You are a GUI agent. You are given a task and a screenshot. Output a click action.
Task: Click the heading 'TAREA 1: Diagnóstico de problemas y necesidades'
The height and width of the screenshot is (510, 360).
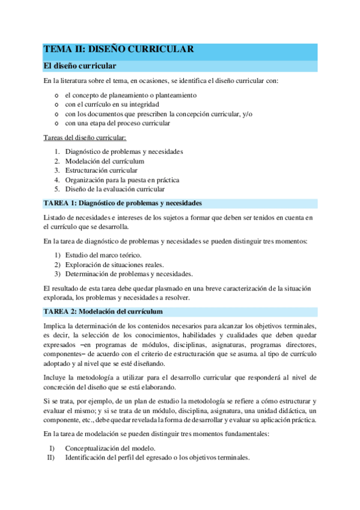(123, 202)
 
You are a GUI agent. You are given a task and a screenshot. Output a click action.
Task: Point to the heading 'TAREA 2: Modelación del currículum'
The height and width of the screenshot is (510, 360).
(103, 311)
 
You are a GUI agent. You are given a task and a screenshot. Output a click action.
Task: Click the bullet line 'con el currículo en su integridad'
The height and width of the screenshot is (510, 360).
(116, 104)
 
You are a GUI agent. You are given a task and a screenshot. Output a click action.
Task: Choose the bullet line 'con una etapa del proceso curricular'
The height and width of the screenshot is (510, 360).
(117, 123)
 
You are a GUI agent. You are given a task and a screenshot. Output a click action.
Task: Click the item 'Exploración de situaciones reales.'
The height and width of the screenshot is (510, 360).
(114, 265)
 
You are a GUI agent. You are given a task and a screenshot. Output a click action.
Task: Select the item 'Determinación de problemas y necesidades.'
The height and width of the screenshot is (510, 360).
(129, 274)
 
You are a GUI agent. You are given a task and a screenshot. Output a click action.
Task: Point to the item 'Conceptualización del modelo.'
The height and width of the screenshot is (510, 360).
(110, 447)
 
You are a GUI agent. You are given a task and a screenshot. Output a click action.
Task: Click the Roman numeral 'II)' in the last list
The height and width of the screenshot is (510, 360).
(50, 457)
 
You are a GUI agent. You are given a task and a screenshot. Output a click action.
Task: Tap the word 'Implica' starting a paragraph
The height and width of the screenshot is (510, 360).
(55, 325)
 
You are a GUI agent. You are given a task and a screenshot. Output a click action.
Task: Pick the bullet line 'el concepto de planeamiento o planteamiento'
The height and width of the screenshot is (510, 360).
(130, 95)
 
